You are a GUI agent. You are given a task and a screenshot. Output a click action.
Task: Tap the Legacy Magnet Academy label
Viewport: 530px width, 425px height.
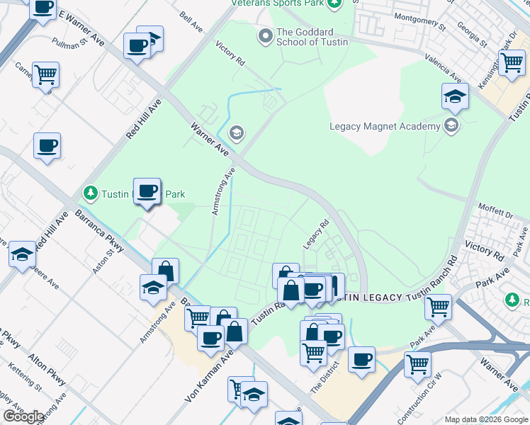coord(385,127)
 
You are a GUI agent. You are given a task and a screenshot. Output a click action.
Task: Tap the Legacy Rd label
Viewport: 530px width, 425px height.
coord(317,234)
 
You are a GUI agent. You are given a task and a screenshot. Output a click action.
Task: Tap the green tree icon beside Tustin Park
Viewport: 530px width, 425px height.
coord(90,193)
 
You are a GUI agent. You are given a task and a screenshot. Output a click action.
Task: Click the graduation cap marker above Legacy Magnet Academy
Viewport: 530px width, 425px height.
coord(455,96)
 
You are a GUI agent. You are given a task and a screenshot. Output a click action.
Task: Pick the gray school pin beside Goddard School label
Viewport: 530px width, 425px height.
coord(266,36)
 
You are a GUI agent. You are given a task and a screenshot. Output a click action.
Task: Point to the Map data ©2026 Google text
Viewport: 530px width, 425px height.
coord(485,419)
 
